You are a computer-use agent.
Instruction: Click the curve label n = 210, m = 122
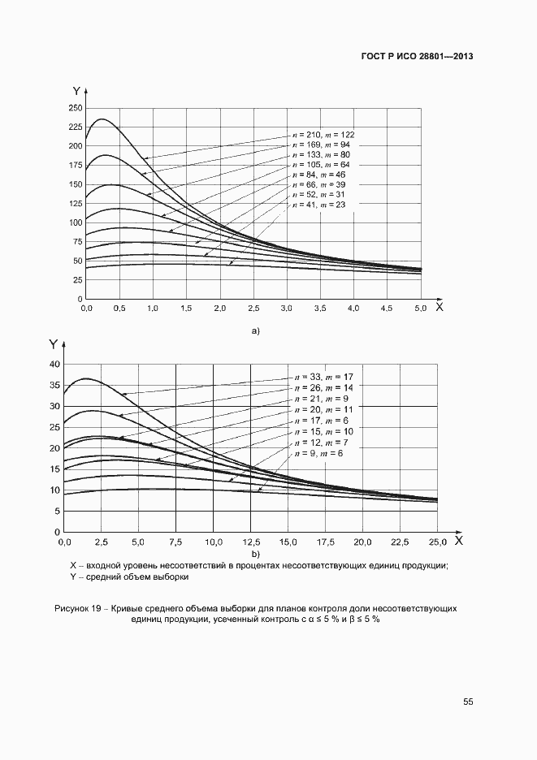(323, 134)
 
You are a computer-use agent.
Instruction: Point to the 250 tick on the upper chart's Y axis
(76, 108)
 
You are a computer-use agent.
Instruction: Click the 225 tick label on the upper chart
(76, 127)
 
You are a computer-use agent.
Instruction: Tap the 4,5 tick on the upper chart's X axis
(387, 309)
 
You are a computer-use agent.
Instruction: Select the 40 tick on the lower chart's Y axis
(55, 365)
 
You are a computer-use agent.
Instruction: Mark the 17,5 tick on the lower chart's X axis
(325, 542)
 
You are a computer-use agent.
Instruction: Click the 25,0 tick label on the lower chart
(437, 542)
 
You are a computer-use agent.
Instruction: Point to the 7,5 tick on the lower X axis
(176, 542)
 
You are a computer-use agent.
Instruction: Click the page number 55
(469, 702)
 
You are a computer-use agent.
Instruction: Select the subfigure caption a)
(256, 331)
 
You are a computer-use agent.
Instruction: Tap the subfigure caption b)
(256, 554)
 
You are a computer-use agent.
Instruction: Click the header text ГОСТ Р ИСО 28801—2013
(417, 57)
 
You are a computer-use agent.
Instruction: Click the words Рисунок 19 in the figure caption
(80, 608)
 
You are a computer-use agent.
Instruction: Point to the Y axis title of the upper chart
(76, 91)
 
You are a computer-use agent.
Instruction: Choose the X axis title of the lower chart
(458, 540)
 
